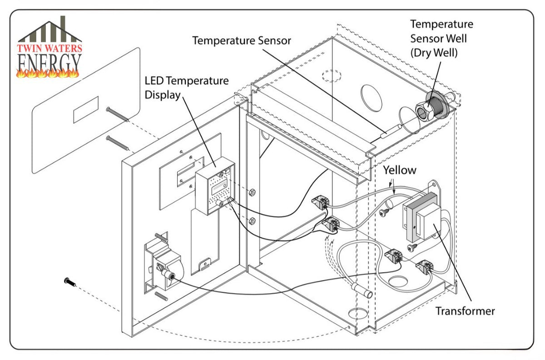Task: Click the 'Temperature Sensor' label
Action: click(x=242, y=40)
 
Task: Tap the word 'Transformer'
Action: click(x=465, y=311)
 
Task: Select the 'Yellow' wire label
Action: click(x=400, y=170)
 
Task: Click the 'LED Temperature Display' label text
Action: click(x=187, y=88)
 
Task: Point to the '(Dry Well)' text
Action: click(x=434, y=53)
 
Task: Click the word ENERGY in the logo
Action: click(x=49, y=63)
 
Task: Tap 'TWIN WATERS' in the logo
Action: click(x=50, y=48)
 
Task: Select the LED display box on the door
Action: click(x=215, y=185)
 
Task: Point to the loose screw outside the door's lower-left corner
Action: click(x=70, y=282)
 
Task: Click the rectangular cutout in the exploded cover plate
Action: click(x=86, y=110)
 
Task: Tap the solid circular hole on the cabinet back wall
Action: click(x=371, y=98)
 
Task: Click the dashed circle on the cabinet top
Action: click(x=332, y=76)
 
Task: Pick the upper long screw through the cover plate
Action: click(x=117, y=114)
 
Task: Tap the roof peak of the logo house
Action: click(x=50, y=22)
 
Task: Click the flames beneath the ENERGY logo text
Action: click(x=48, y=73)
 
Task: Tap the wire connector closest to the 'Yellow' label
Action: click(x=321, y=202)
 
